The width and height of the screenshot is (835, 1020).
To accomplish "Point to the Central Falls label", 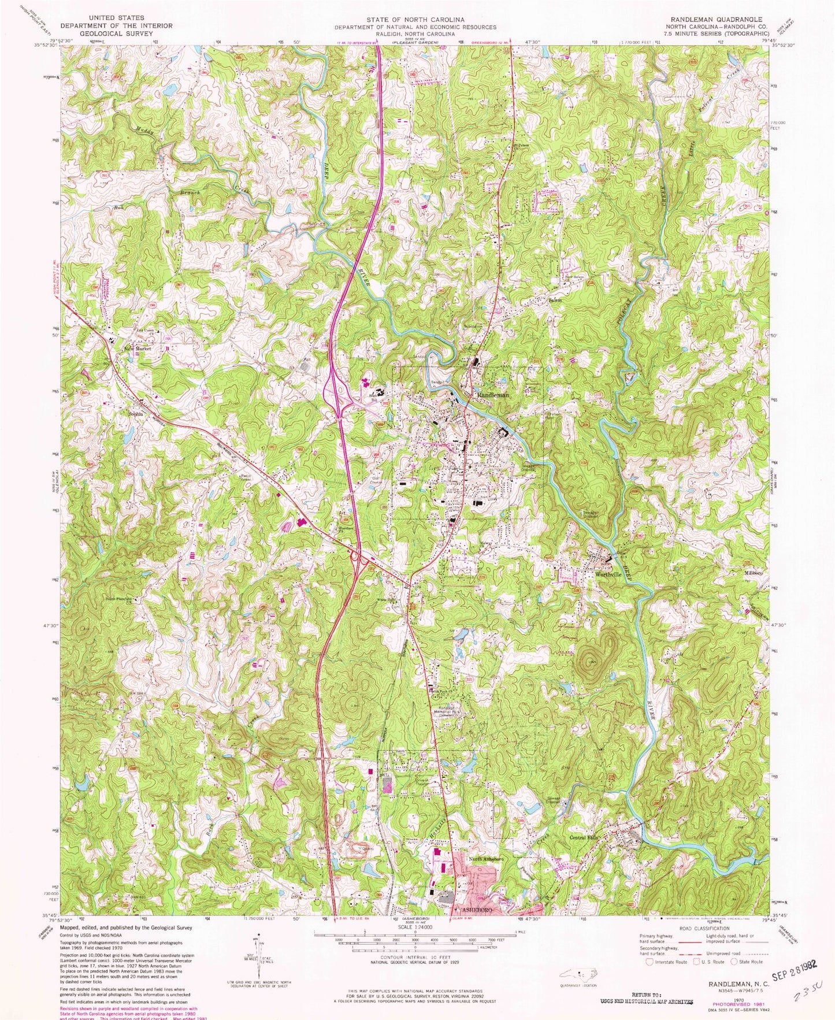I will click(x=585, y=837).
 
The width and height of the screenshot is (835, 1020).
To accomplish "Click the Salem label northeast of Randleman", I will click(x=555, y=301).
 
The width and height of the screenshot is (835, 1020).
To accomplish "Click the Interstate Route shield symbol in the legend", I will click(x=650, y=962).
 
